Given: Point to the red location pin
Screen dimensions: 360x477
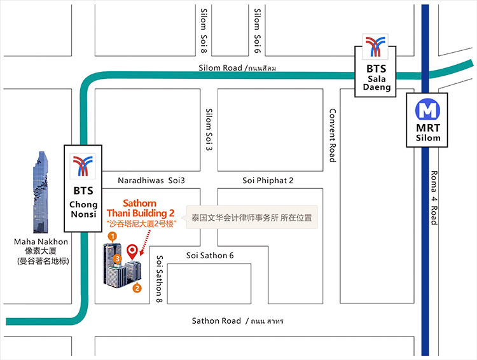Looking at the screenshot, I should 132,252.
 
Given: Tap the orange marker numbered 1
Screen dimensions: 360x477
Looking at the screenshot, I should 112,237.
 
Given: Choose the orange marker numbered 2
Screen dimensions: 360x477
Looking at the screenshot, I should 137,288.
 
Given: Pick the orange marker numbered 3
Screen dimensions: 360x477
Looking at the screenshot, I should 118,258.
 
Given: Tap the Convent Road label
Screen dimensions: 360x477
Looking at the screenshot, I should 332,135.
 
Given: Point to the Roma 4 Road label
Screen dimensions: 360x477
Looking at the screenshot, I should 434,197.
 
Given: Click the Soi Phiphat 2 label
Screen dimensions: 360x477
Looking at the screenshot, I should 268,181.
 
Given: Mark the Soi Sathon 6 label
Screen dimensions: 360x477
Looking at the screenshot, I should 210,256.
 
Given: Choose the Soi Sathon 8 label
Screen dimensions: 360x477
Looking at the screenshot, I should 159,279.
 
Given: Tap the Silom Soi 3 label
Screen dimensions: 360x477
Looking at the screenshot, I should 209,130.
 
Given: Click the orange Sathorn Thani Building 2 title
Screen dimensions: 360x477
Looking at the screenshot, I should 140,208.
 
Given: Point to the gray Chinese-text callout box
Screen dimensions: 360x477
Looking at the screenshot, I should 252,218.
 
